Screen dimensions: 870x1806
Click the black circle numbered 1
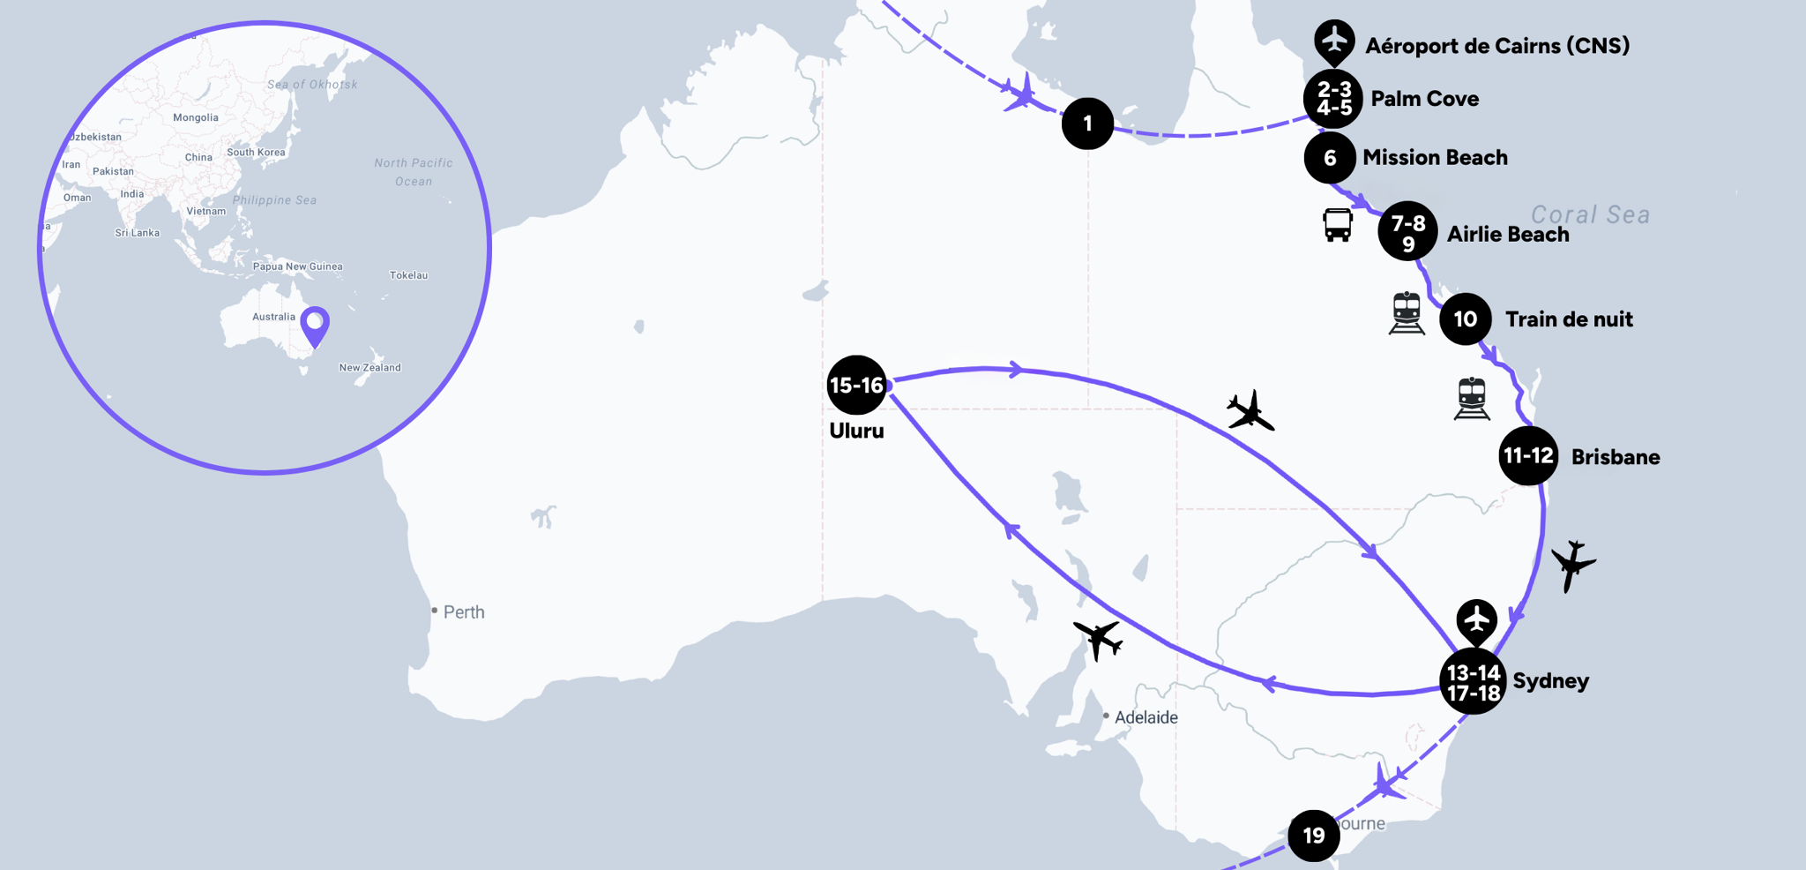point(1087,124)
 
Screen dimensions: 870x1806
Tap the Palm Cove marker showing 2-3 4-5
point(1333,99)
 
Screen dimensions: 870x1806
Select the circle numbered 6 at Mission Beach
point(1330,158)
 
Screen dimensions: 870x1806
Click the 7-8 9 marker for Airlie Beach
point(1407,232)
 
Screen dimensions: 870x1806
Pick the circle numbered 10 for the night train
point(1465,319)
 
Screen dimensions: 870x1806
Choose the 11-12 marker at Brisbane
point(1528,456)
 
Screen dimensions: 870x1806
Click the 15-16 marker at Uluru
point(856,386)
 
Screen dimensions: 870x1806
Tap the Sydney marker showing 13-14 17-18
point(1473,682)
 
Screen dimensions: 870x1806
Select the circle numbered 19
point(1314,835)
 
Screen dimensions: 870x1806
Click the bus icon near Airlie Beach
point(1337,225)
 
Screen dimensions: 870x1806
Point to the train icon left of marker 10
point(1407,313)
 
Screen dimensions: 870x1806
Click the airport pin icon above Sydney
point(1476,620)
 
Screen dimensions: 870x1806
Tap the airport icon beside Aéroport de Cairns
point(1334,41)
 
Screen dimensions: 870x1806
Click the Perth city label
point(463,612)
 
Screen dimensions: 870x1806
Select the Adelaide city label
point(1146,717)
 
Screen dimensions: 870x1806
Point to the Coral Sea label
point(1590,214)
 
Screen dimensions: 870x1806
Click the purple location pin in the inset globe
point(315,325)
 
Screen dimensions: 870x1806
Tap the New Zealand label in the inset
point(369,367)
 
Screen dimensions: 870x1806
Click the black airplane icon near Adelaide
point(1098,638)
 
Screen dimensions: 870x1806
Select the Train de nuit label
point(1569,319)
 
